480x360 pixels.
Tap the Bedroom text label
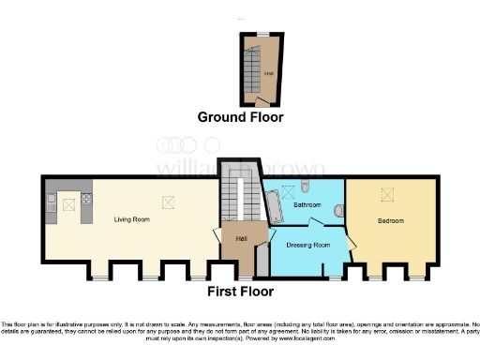tap(390, 221)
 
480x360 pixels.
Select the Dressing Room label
tap(308, 245)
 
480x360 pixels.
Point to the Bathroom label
tap(307, 204)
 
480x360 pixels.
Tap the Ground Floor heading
tap(240, 117)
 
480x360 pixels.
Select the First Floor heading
tap(240, 292)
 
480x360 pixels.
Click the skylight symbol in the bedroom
tap(387, 194)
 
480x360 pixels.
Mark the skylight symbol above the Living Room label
tap(169, 200)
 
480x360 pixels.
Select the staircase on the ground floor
tap(253, 66)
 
